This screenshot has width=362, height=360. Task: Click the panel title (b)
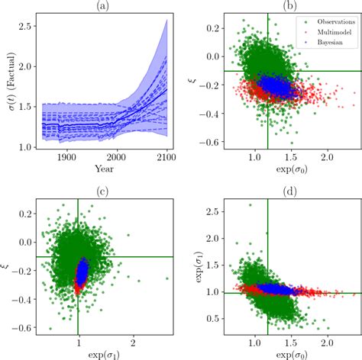[289, 6]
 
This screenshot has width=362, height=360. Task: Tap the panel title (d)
[289, 188]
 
